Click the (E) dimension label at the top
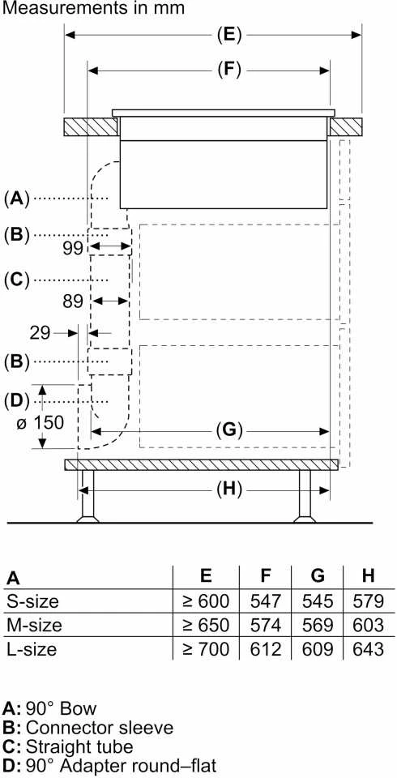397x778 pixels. coord(229,35)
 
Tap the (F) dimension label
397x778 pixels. coord(228,71)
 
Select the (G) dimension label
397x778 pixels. coord(229,430)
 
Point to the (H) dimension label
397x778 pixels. coord(228,490)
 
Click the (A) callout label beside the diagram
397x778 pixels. coord(17,199)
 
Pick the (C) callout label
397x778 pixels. coord(17,281)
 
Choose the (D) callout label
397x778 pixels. coord(17,400)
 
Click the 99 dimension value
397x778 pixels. coord(73,248)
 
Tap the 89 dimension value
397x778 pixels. coord(73,301)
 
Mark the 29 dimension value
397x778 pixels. coord(41,333)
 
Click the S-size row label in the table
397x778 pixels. coord(32,601)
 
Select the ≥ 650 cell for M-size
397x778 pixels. coord(206,625)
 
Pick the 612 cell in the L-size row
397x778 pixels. coord(266,649)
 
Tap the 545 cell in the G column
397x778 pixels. coord(318,601)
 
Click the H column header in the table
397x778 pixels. coord(368,576)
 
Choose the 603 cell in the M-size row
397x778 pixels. coord(368,625)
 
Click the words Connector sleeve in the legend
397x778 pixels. coord(100,728)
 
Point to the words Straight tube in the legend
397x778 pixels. coord(79,746)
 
